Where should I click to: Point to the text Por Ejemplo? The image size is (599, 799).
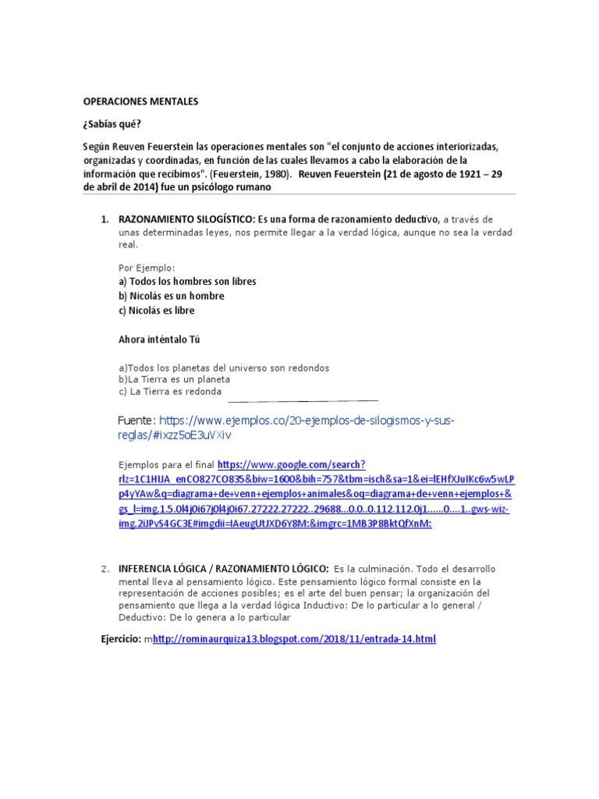(146, 268)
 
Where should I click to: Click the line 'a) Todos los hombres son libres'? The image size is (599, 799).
(187, 281)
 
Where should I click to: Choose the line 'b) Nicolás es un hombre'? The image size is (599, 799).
(171, 296)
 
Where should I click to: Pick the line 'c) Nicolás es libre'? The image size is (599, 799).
(156, 311)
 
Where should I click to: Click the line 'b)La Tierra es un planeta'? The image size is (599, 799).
(174, 379)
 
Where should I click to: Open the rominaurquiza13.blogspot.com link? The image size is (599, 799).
(294, 639)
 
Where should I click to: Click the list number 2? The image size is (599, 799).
(105, 569)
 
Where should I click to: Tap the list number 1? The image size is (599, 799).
(105, 219)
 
